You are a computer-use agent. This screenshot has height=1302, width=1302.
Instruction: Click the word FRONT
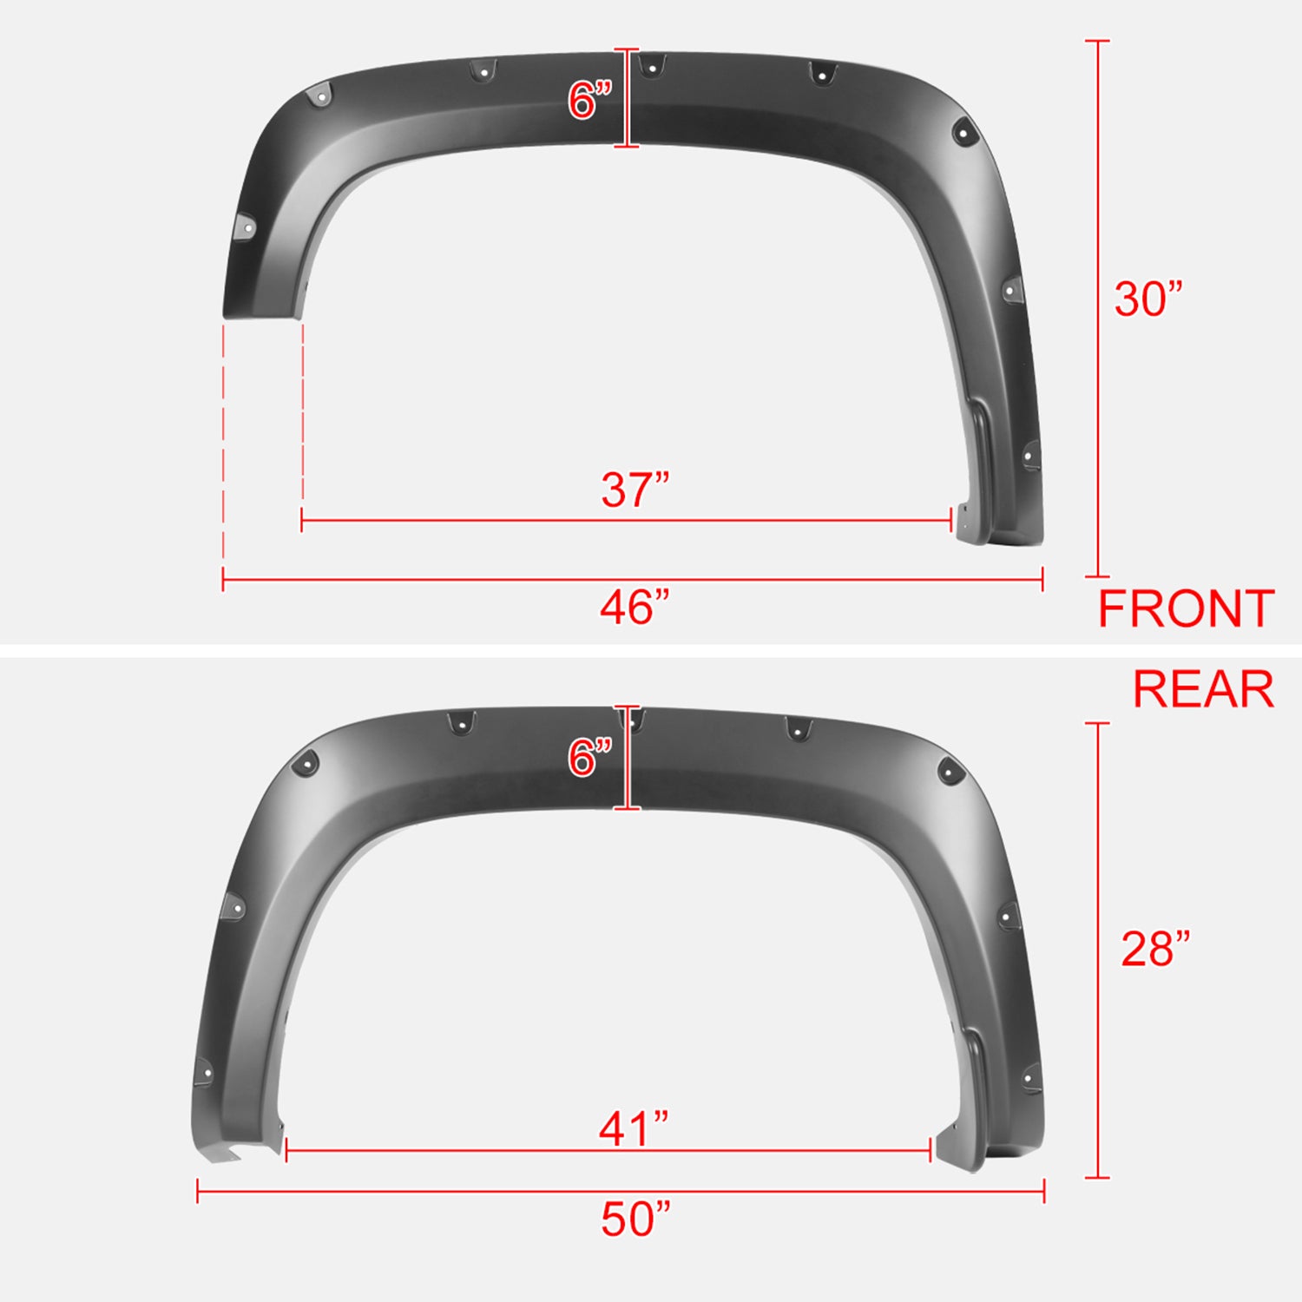tap(1186, 609)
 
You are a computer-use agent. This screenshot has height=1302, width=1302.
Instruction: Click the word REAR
tap(1203, 690)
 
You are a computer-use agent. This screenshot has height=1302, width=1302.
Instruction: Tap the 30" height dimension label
tap(1147, 299)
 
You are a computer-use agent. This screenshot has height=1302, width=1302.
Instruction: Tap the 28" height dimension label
tap(1154, 949)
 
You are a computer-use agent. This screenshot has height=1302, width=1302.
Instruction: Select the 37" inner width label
tap(635, 490)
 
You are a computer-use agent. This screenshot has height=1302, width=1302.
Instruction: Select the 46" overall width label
tap(635, 608)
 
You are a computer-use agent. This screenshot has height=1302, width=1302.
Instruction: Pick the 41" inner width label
tap(634, 1129)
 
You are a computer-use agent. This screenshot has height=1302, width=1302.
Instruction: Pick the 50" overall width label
tap(635, 1219)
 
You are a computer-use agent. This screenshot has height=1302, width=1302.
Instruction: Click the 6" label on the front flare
tap(590, 101)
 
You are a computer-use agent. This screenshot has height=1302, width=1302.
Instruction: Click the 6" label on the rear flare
tap(590, 758)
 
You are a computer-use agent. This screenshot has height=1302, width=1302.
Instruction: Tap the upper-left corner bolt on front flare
tap(319, 96)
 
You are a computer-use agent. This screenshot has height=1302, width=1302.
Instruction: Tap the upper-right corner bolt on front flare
tap(963, 133)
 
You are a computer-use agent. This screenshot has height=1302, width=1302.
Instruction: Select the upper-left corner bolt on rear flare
tap(306, 764)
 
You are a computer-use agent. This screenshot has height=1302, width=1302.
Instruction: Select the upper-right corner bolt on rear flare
tap(949, 769)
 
